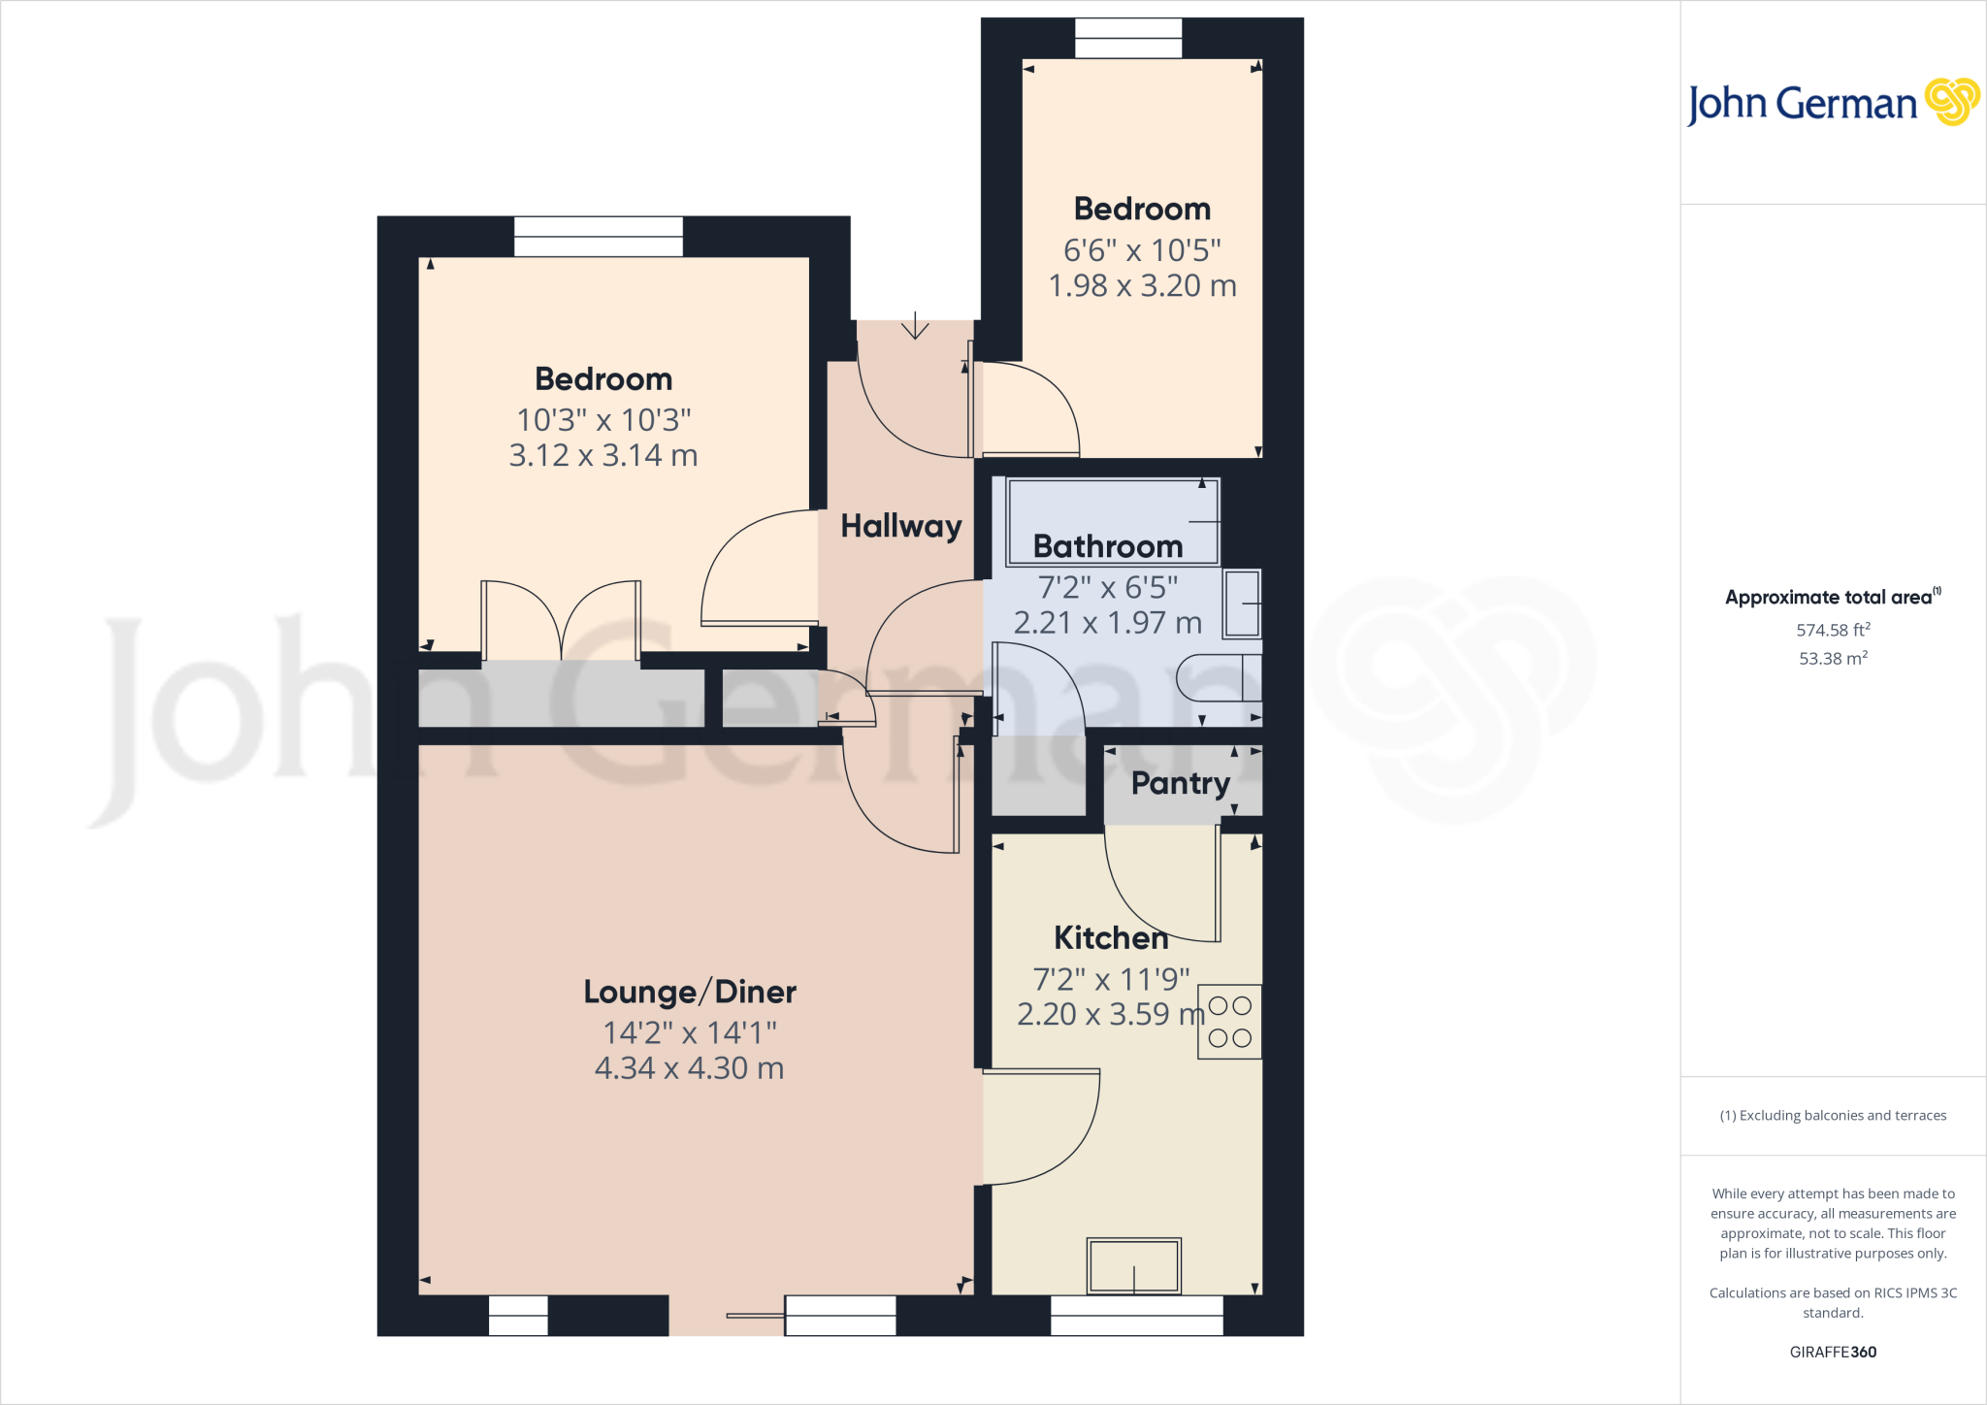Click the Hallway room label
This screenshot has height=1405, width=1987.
[x=900, y=526]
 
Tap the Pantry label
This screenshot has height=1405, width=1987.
[x=1180, y=783]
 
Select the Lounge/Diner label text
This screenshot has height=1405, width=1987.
[x=690, y=992]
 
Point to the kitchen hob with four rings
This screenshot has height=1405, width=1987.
[x=1229, y=1022]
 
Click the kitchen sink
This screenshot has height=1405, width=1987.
[x=1133, y=1265]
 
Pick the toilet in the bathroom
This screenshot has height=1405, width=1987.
[x=1219, y=677]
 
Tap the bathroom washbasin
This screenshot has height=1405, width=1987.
[x=1242, y=604]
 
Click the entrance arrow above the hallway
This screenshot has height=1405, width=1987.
[x=915, y=327]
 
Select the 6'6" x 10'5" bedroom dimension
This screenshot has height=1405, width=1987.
[x=1142, y=250]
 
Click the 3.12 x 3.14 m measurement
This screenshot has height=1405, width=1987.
[x=603, y=455]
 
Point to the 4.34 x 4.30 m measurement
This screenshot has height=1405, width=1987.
[x=689, y=1068]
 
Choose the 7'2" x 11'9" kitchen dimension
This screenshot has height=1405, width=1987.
[x=1111, y=979]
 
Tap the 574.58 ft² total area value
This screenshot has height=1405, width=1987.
[x=1833, y=630]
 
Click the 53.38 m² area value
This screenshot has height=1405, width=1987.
[x=1833, y=658]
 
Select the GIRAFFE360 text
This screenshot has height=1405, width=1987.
[x=1833, y=1352]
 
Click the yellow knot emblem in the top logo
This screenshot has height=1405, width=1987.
[x=1951, y=101]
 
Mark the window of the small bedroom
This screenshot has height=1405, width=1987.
[x=1128, y=39]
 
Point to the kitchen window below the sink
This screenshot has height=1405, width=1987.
[x=1136, y=1316]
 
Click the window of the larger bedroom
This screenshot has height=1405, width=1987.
[x=599, y=237]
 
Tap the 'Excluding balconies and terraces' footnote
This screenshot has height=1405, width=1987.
[x=1833, y=1116]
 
